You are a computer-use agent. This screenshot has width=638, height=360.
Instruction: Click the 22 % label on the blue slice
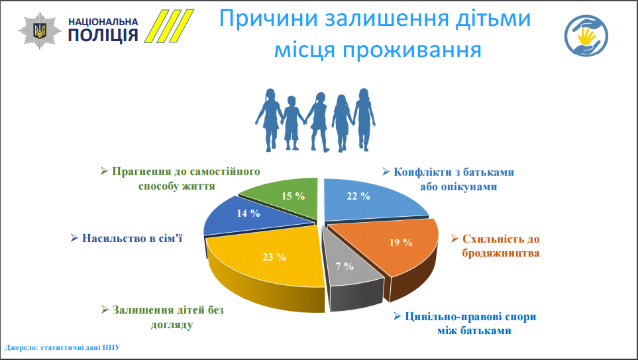(358, 196)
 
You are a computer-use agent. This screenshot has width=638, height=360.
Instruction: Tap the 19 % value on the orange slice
(401, 243)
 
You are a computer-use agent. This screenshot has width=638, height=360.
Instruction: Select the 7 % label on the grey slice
(345, 267)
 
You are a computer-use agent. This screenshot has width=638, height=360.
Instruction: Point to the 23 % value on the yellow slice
(274, 257)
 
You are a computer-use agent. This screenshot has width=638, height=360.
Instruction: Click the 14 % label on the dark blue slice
(248, 213)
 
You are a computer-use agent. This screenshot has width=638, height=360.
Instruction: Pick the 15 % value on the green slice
(293, 196)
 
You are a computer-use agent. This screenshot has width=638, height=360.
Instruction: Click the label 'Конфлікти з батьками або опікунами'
(448, 179)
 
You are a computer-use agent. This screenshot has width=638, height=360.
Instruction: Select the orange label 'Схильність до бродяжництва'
(495, 246)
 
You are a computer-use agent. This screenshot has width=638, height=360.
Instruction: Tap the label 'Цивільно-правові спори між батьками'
(464, 324)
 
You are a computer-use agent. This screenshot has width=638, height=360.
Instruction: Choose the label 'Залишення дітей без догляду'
(162, 318)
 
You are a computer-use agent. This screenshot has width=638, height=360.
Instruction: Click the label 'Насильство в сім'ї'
(127, 238)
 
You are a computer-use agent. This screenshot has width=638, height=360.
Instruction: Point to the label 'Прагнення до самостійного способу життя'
(180, 179)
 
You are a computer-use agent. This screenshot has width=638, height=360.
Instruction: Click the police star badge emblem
(40, 30)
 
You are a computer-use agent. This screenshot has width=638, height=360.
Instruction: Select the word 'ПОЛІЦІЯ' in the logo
(103, 35)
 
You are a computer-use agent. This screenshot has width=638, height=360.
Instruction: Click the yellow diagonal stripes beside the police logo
(169, 26)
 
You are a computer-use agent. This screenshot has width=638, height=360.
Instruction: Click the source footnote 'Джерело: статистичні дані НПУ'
(63, 348)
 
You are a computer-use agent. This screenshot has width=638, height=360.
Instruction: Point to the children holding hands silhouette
(315, 120)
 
